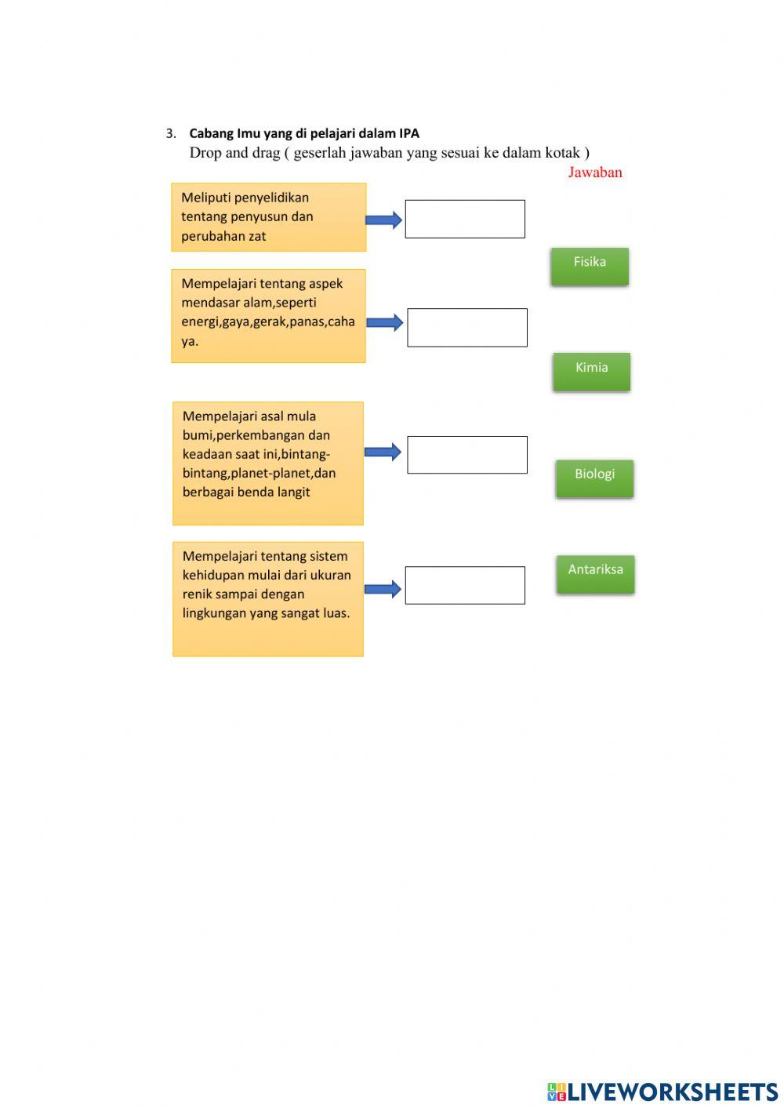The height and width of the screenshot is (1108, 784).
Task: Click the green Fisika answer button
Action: coord(590,266)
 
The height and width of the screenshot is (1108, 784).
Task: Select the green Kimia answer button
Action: coord(591,371)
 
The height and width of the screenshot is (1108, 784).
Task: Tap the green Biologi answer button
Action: coord(594,478)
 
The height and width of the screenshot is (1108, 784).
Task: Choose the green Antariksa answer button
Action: coord(595,574)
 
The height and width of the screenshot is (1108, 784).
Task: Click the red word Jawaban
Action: coord(595,173)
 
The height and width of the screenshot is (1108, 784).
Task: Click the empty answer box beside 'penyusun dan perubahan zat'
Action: coord(465,219)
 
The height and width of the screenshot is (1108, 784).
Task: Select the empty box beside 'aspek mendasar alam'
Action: coord(467,327)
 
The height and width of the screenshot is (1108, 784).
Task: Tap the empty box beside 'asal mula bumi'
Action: coord(467,455)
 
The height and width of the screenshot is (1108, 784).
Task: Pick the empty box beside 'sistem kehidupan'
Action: coord(465,585)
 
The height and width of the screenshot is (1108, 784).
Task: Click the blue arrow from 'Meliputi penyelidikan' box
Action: coord(384,220)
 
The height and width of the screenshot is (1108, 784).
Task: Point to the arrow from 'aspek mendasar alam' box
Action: coord(385,322)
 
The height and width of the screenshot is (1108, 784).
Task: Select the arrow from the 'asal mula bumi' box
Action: coord(383,452)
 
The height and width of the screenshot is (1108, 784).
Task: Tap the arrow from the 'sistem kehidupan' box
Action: coord(383,589)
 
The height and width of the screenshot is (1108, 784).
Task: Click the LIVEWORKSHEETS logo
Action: coord(662,1092)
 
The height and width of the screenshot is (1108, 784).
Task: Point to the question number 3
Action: coord(171,134)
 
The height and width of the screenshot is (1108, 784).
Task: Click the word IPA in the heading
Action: coord(409,133)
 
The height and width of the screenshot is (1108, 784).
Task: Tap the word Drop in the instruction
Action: coord(205,153)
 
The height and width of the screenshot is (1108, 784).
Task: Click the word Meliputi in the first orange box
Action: coord(205,198)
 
